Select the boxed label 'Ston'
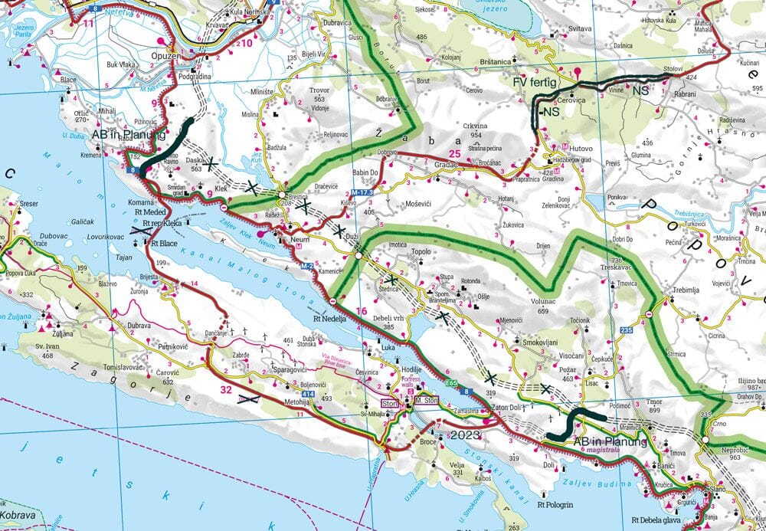(391, 403)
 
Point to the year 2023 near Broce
(466, 434)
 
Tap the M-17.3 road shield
(363, 192)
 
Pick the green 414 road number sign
(306, 393)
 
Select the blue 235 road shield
(626, 330)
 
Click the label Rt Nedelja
(329, 320)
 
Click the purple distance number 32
(225, 389)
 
